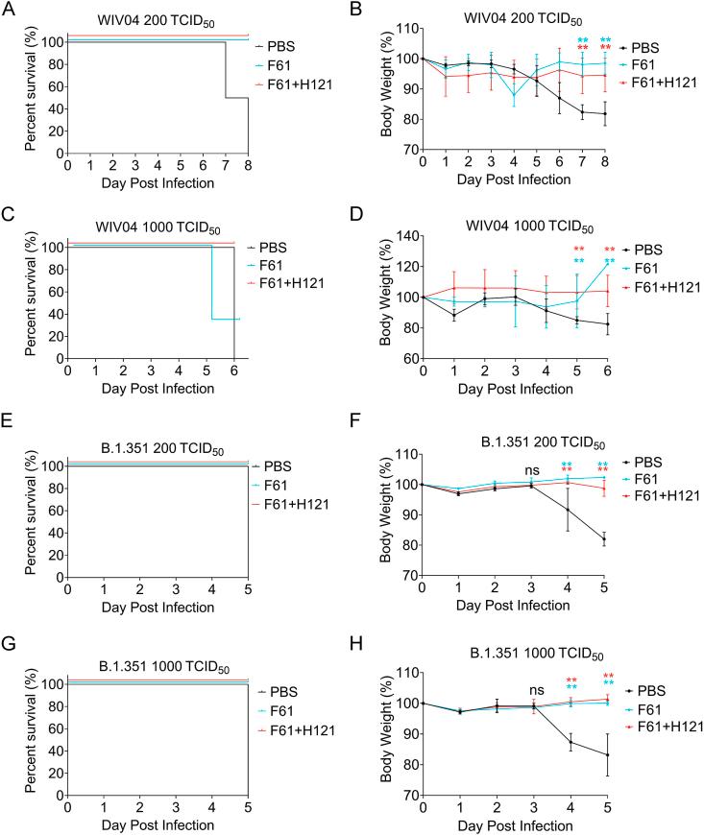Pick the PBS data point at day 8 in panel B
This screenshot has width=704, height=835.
click(x=605, y=113)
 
